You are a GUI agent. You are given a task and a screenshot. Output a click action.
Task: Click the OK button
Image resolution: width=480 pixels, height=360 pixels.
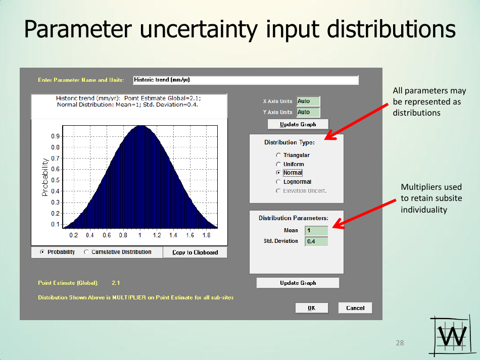click(x=312, y=308)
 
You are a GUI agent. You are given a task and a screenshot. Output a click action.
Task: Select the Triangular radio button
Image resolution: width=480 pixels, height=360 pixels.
click(x=278, y=155)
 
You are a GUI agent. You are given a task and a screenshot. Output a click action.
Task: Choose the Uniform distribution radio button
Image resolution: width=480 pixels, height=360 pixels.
click(x=278, y=164)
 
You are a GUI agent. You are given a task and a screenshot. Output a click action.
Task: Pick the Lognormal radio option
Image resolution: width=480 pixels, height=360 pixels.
click(x=278, y=182)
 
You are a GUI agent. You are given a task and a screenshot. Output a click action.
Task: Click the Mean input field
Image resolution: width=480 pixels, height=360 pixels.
click(x=316, y=230)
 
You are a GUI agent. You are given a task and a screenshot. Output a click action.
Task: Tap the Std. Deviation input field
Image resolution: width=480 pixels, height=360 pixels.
click(x=316, y=241)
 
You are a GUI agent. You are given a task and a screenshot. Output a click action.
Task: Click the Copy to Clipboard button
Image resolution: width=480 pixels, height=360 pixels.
click(x=195, y=252)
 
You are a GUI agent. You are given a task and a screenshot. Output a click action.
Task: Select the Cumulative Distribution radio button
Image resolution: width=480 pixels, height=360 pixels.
click(x=86, y=252)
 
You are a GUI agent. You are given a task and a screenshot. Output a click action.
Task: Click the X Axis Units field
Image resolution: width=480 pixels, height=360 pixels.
click(x=308, y=101)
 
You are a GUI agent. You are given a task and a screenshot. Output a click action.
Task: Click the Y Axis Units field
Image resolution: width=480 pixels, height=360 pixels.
click(x=308, y=112)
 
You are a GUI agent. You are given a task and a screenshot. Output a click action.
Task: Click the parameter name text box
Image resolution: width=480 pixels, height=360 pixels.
click(x=246, y=80)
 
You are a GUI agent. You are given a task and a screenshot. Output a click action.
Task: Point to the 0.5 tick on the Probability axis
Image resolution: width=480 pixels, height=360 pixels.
click(x=56, y=180)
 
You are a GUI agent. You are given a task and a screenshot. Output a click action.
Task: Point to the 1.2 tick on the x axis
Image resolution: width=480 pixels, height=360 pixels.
click(x=157, y=235)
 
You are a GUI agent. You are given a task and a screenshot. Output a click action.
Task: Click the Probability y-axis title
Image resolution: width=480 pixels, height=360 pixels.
click(x=45, y=177)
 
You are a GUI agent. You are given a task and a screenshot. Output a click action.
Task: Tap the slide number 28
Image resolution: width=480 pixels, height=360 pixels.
click(x=400, y=343)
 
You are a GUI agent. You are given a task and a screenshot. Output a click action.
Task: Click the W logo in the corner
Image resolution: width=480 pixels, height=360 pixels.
click(x=452, y=336)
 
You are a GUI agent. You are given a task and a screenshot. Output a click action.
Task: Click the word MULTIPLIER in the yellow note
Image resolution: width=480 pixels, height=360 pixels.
click(x=129, y=297)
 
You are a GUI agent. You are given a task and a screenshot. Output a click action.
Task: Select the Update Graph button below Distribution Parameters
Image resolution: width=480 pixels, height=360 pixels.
click(x=298, y=283)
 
